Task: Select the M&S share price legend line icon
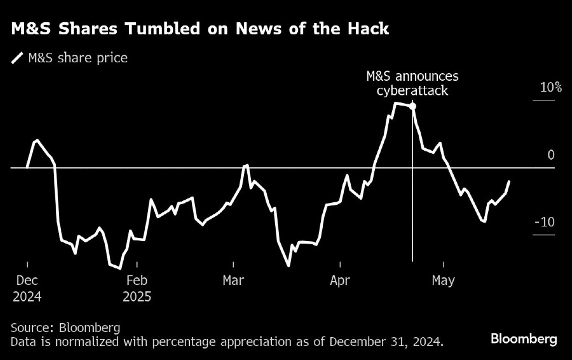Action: [17, 59]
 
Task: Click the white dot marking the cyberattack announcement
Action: [412, 106]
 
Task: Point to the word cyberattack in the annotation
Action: [412, 90]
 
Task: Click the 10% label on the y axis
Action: [550, 88]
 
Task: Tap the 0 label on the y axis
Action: [551, 155]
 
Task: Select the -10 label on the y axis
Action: [545, 222]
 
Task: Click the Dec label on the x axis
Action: [28, 280]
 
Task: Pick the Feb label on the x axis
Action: [137, 280]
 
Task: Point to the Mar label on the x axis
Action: [234, 280]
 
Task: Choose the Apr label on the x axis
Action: [341, 280]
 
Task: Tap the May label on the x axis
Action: [443, 280]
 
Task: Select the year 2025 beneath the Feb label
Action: [137, 296]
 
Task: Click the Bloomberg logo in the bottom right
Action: [524, 338]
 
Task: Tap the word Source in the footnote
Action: [31, 328]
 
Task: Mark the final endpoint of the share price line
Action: [509, 181]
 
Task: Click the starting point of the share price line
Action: [27, 167]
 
